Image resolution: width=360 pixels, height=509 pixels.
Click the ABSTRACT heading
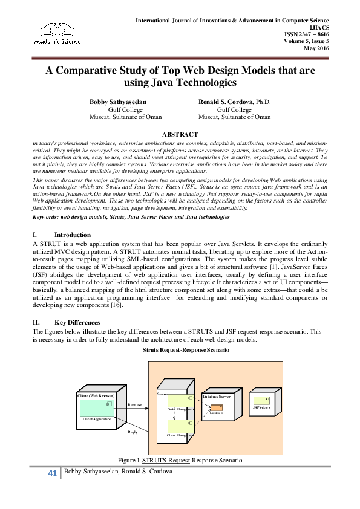click(180, 134)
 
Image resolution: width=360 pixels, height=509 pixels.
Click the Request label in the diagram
click(135, 405)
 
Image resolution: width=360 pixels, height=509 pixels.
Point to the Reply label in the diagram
click(133, 432)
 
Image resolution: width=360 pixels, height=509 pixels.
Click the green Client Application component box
click(98, 406)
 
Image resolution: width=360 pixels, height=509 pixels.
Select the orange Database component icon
click(213, 409)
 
